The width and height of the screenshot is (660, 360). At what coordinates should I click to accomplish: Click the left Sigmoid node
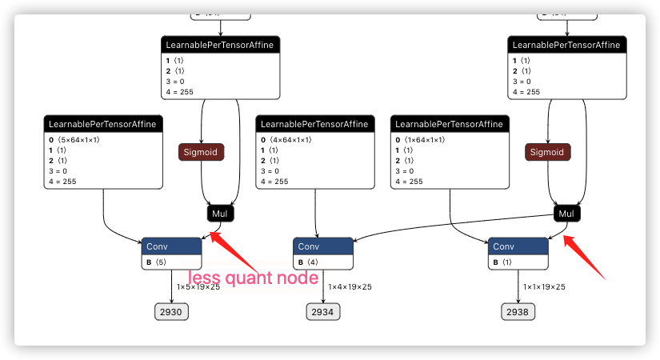click(x=201, y=152)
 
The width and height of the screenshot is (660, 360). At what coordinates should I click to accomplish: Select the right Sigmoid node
click(x=548, y=152)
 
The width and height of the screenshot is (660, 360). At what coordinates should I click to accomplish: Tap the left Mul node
click(x=220, y=214)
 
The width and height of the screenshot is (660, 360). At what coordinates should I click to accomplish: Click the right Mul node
click(x=566, y=214)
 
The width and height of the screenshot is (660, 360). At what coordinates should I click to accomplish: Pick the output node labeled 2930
click(x=171, y=312)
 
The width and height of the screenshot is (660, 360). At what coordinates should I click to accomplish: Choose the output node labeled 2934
click(x=322, y=312)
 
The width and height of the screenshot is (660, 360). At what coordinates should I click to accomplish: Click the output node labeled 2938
click(x=518, y=312)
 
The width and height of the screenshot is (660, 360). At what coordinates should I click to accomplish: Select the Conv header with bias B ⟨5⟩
click(x=171, y=246)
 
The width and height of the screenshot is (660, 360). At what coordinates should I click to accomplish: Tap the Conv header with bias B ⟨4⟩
click(x=322, y=246)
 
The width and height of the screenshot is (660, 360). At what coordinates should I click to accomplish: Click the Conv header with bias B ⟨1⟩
click(x=518, y=246)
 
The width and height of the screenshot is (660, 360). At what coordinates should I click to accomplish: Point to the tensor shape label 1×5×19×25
click(x=198, y=286)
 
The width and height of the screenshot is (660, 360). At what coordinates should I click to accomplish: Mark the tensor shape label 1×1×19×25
click(x=544, y=286)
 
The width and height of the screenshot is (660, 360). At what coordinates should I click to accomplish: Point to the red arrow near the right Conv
click(x=585, y=256)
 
